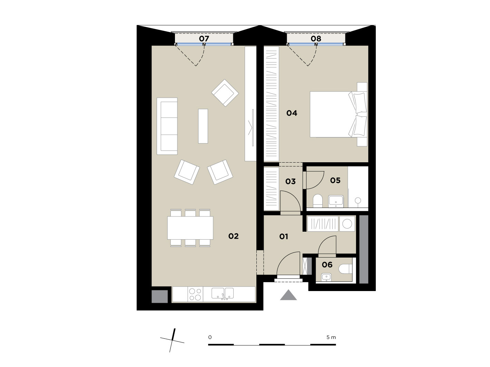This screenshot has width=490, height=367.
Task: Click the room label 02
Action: (233, 236)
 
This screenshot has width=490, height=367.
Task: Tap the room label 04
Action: (292, 113)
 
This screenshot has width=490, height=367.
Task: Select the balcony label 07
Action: (204, 39)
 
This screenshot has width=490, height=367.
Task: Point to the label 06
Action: (327, 265)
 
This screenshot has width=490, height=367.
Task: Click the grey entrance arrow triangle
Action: (288, 296)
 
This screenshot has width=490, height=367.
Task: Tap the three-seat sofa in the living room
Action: (167, 126)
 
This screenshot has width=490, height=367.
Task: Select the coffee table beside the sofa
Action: (203, 126)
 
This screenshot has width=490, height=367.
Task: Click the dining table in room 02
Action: (190, 228)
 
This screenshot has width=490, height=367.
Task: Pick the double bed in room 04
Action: (339, 114)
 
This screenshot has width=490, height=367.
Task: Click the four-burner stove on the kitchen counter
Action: (195, 294)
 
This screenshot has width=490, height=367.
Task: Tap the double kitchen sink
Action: (223, 293)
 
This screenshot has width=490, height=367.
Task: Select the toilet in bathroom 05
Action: (318, 201)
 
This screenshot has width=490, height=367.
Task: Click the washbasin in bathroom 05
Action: (336, 201)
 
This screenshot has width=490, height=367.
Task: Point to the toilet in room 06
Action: (345, 269)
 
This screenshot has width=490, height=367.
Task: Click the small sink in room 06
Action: (326, 277)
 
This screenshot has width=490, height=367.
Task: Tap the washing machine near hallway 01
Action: (347, 223)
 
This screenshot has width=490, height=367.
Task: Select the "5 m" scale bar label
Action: (331, 337)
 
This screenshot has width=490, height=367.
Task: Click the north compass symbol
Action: (172, 340)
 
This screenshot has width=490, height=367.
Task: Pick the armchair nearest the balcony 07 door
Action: (225, 93)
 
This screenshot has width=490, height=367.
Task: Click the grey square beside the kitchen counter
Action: (160, 297)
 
